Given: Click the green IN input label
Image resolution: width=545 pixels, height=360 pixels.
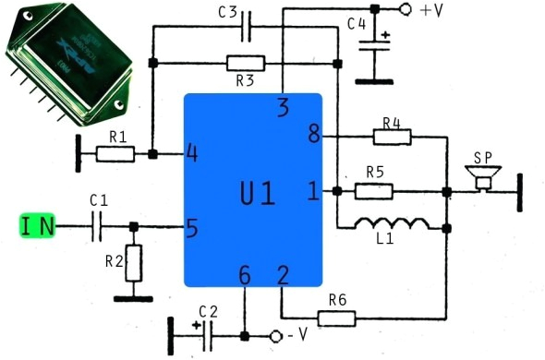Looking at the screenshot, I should [x=38, y=225].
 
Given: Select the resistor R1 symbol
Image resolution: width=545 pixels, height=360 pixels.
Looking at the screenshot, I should [x=115, y=153].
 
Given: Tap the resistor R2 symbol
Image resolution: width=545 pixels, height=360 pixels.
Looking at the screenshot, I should [x=135, y=263].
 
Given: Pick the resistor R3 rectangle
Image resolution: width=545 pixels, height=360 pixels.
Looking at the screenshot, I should [x=245, y=63].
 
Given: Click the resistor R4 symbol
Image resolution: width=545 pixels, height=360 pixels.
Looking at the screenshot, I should [x=392, y=137].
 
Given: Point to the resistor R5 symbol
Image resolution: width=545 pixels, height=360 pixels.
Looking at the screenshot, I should [x=373, y=191].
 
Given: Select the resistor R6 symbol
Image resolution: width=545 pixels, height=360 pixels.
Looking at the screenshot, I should [x=337, y=318].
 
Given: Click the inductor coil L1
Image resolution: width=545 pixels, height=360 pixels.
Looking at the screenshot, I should [x=392, y=224].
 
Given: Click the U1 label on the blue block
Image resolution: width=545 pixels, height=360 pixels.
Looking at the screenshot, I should [x=258, y=194].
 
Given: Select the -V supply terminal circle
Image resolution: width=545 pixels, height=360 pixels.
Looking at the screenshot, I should [x=275, y=335].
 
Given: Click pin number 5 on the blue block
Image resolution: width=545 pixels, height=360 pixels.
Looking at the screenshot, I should [x=192, y=225].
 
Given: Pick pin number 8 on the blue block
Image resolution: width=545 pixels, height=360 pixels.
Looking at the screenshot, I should [x=313, y=137].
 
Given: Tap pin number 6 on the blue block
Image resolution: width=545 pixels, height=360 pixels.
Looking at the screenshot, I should [x=244, y=274].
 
